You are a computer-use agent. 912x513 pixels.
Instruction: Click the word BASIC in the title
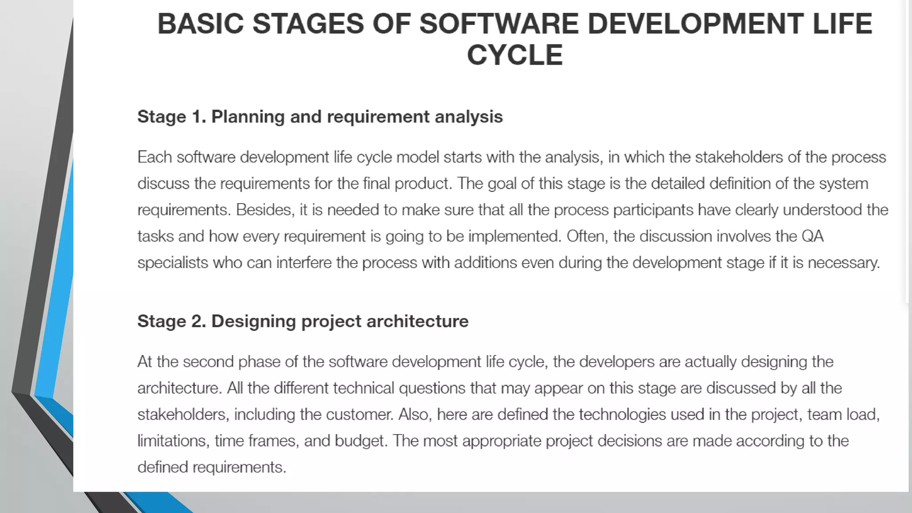click(x=200, y=24)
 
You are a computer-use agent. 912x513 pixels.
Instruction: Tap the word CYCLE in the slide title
click(x=514, y=55)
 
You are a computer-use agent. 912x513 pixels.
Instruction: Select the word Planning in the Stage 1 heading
click(x=248, y=117)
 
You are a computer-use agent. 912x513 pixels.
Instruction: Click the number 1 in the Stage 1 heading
click(x=196, y=117)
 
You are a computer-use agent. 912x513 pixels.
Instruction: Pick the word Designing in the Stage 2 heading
click(x=253, y=321)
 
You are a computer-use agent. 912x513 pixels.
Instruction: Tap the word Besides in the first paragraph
click(x=265, y=210)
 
